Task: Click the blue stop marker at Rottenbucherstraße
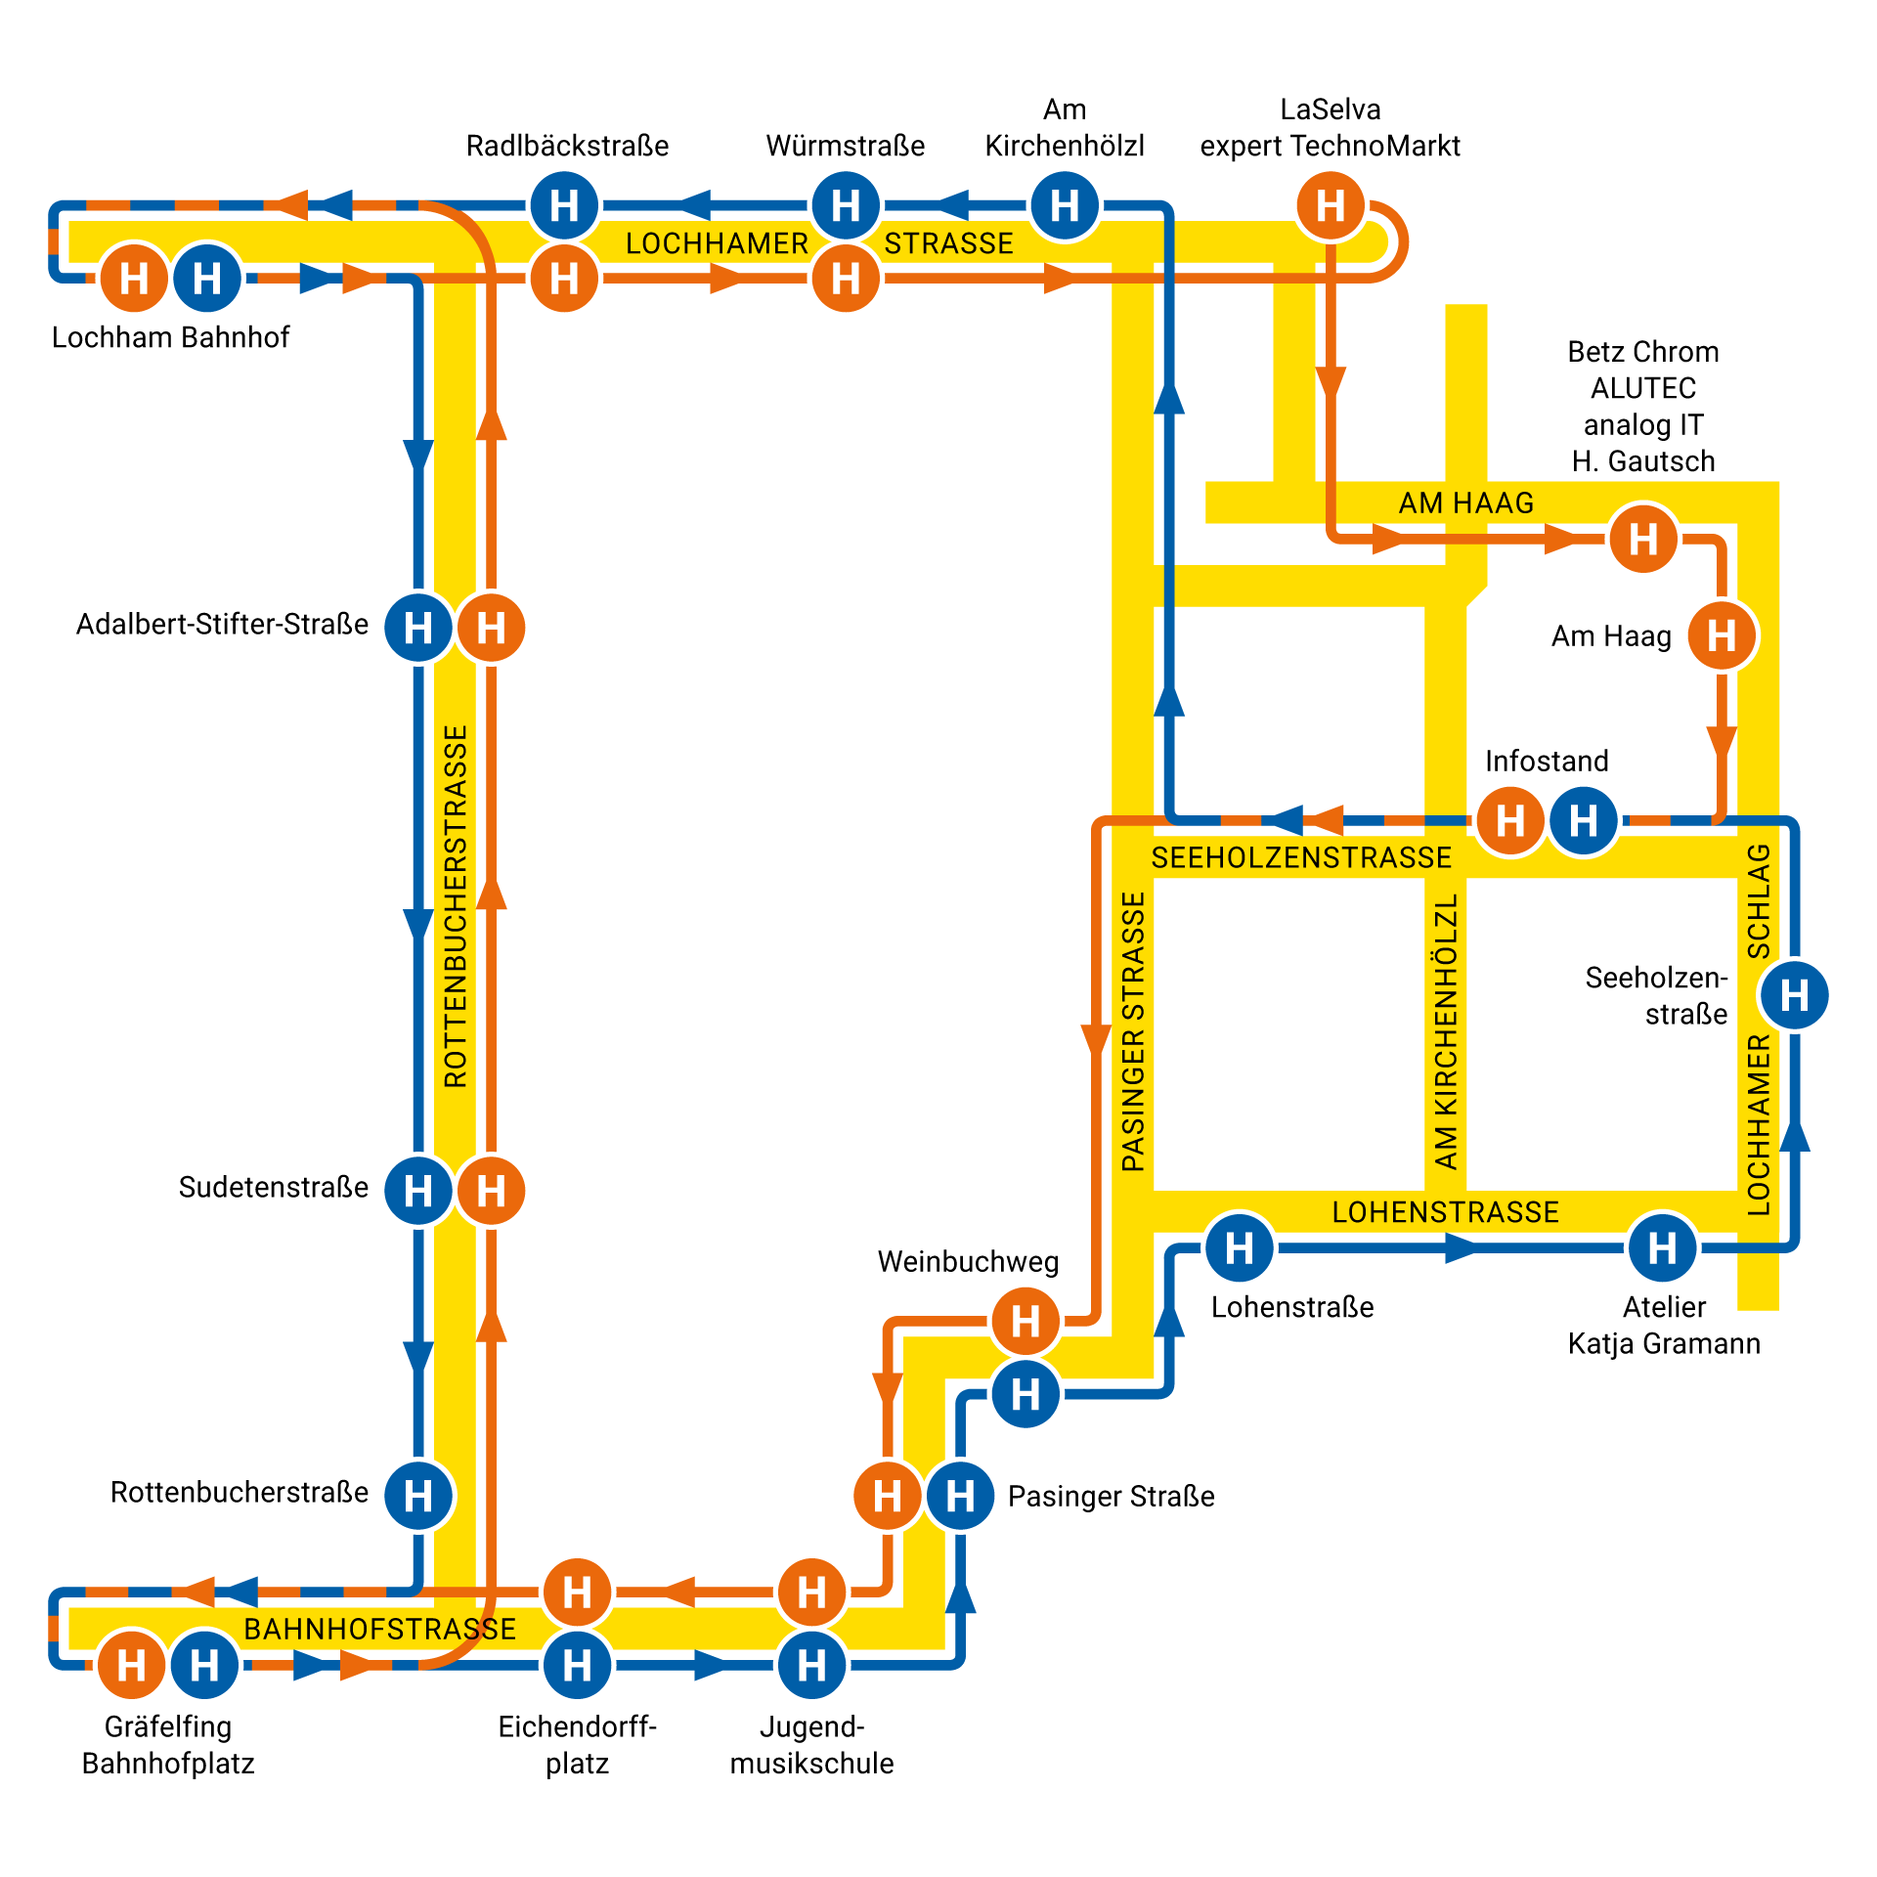[x=418, y=1495]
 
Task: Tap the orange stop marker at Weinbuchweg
[x=1026, y=1322]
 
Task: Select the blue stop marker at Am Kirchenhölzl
[x=1065, y=206]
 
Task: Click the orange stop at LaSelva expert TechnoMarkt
[x=1331, y=206]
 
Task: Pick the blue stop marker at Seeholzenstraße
[x=1794, y=995]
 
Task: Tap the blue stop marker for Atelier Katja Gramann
[x=1662, y=1247]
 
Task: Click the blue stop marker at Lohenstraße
[x=1240, y=1247]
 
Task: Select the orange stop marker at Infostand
[x=1510, y=820]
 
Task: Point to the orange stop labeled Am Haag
[x=1722, y=636]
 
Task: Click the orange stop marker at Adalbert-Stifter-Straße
[x=491, y=628]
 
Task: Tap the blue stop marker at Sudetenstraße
[x=418, y=1191]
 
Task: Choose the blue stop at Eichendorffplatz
[x=577, y=1665]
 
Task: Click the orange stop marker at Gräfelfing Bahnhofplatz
[x=131, y=1665]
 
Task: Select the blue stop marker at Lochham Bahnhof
[x=207, y=279]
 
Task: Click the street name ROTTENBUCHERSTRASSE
[x=456, y=906]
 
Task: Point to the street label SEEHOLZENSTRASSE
[x=1301, y=858]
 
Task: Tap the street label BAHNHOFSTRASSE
[x=379, y=1629]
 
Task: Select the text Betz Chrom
[x=1642, y=352]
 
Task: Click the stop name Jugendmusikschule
[x=811, y=1745]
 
